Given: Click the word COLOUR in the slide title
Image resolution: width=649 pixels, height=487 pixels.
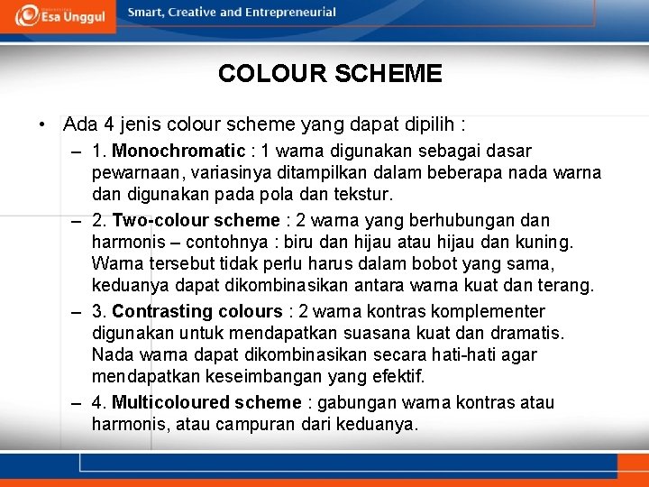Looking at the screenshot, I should pos(270,74).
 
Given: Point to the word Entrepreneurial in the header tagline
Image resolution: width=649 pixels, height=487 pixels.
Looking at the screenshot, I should pos(290,13).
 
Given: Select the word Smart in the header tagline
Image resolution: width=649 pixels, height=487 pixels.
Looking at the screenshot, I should pos(145,13).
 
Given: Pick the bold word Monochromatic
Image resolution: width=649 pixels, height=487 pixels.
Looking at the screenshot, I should pos(178,151).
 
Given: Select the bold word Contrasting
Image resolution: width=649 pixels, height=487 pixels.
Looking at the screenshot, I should pos(162,311).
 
